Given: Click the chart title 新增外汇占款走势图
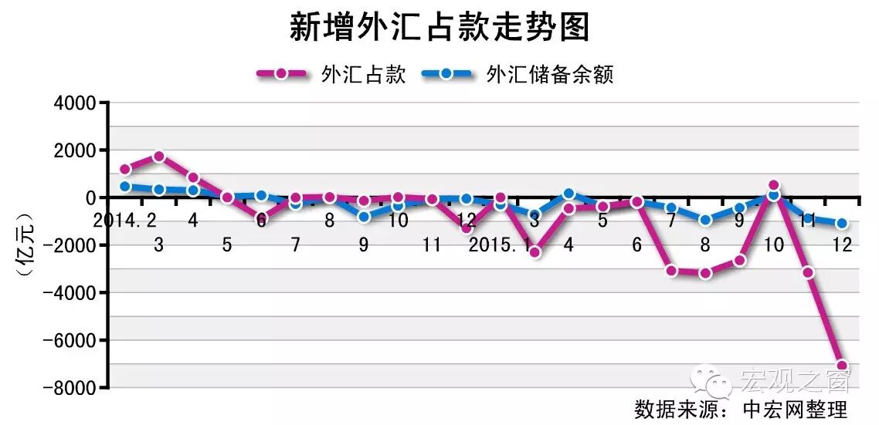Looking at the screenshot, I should tap(439, 29).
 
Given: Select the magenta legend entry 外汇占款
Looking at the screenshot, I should tap(332, 74).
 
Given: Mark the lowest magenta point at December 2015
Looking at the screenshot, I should tap(842, 366).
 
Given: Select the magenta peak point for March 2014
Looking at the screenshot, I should tap(159, 157).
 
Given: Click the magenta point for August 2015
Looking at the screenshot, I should tap(705, 273).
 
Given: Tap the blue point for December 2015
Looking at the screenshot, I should tap(842, 224).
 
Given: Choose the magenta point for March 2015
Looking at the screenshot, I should tap(535, 252).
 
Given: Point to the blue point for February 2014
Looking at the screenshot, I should tap(125, 186).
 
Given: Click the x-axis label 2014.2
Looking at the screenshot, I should tap(125, 221).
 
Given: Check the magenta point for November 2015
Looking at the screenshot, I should tap(808, 272).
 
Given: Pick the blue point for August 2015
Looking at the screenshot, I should tap(705, 220).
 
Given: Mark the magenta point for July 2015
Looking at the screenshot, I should tap(671, 271).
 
